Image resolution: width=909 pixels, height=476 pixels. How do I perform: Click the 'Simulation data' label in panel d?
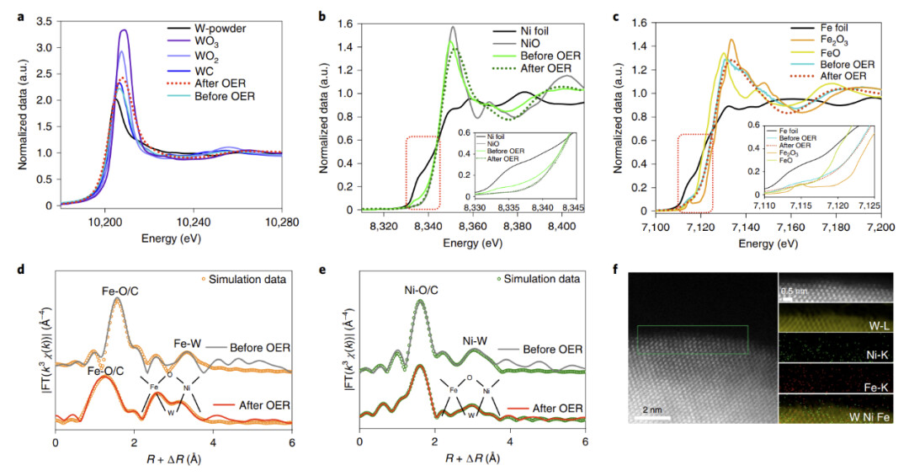249,278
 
